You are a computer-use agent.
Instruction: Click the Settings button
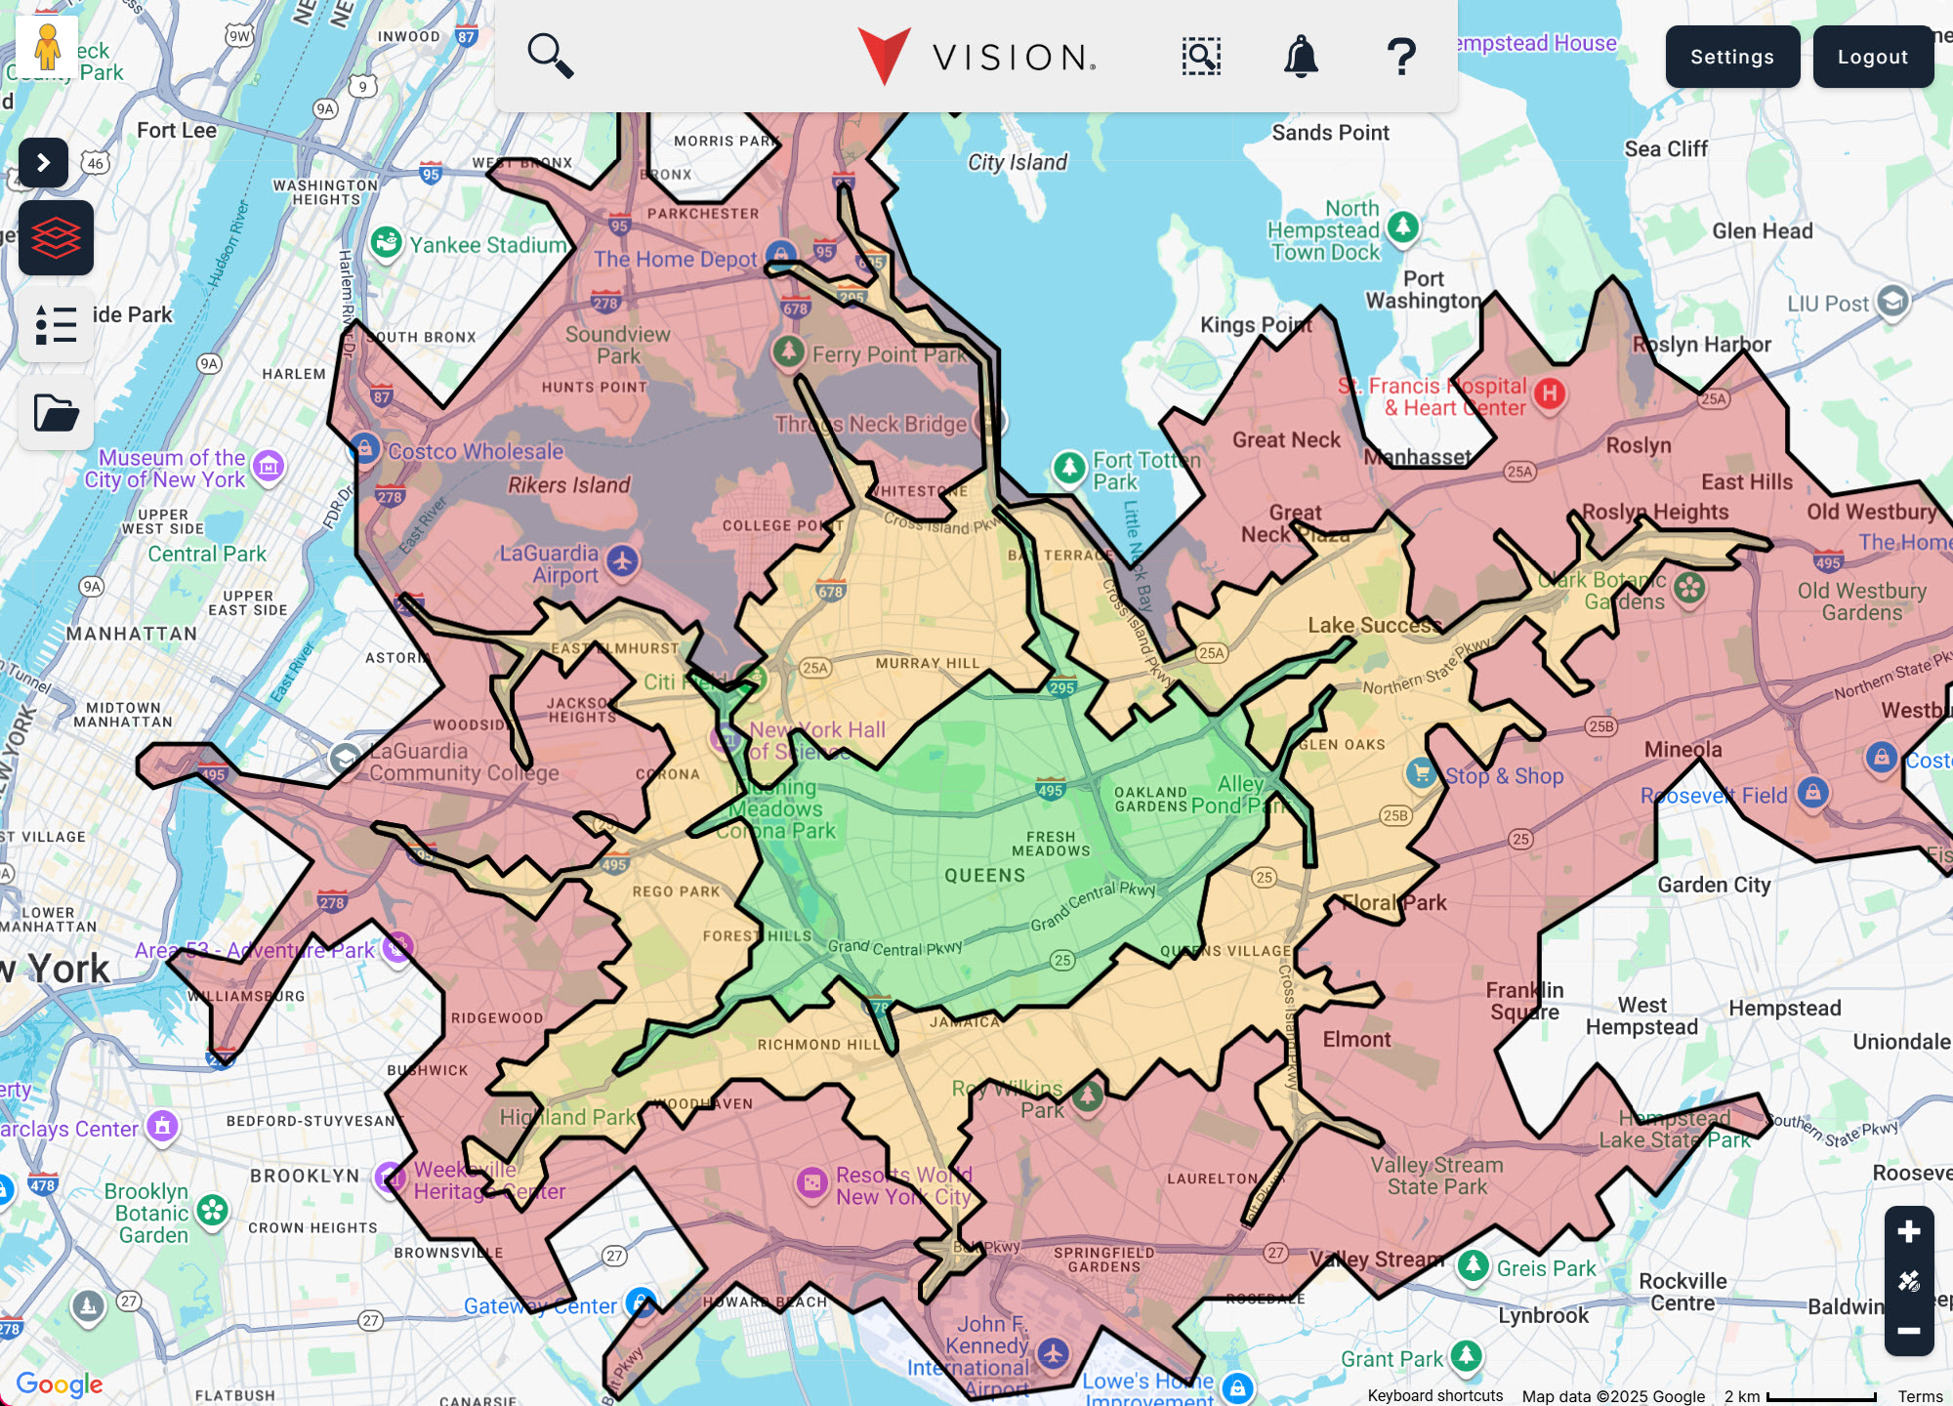[x=1732, y=57]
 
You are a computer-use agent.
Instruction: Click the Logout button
[x=1872, y=57]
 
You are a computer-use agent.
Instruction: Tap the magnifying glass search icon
[x=550, y=56]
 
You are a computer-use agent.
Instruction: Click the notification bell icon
[x=1301, y=57]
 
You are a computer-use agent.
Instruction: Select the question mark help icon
[x=1401, y=57]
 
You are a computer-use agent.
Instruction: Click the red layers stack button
[x=56, y=237]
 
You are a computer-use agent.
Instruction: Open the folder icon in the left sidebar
[x=56, y=412]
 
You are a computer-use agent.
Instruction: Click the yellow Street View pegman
[x=47, y=46]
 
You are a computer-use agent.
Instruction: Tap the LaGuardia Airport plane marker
[x=622, y=560]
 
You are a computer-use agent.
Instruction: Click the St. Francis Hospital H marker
[x=1550, y=393]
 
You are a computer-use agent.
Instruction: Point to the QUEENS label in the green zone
[x=984, y=876]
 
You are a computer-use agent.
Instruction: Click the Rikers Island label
[x=568, y=485]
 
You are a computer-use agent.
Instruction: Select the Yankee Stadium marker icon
[x=387, y=242]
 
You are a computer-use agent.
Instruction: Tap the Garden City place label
[x=1714, y=885]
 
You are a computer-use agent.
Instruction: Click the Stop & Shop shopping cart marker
[x=1422, y=772]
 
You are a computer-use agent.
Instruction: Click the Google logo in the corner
[x=60, y=1384]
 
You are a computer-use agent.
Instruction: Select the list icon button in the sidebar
[x=56, y=325]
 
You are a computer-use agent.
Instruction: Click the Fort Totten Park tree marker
[x=1069, y=467]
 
